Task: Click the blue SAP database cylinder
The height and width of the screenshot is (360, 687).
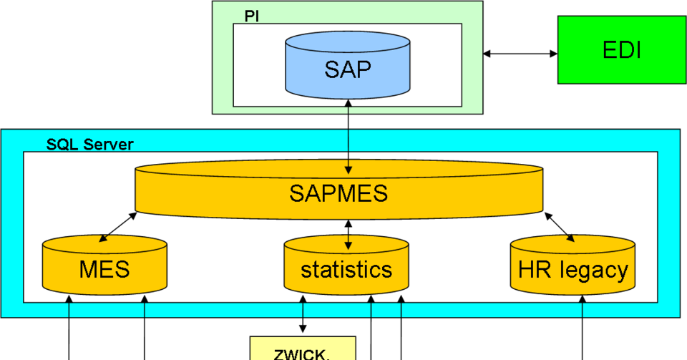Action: (x=348, y=70)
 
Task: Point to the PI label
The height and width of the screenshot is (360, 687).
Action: (x=251, y=16)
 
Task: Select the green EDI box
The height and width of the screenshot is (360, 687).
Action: (x=621, y=50)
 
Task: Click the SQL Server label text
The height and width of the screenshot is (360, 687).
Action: (x=89, y=145)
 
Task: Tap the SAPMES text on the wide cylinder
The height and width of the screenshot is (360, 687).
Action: (x=338, y=193)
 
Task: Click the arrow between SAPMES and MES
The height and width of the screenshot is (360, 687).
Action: (x=118, y=225)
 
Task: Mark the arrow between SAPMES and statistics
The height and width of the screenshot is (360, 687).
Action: (x=349, y=234)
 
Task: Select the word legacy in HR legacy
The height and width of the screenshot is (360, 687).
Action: (x=595, y=271)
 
